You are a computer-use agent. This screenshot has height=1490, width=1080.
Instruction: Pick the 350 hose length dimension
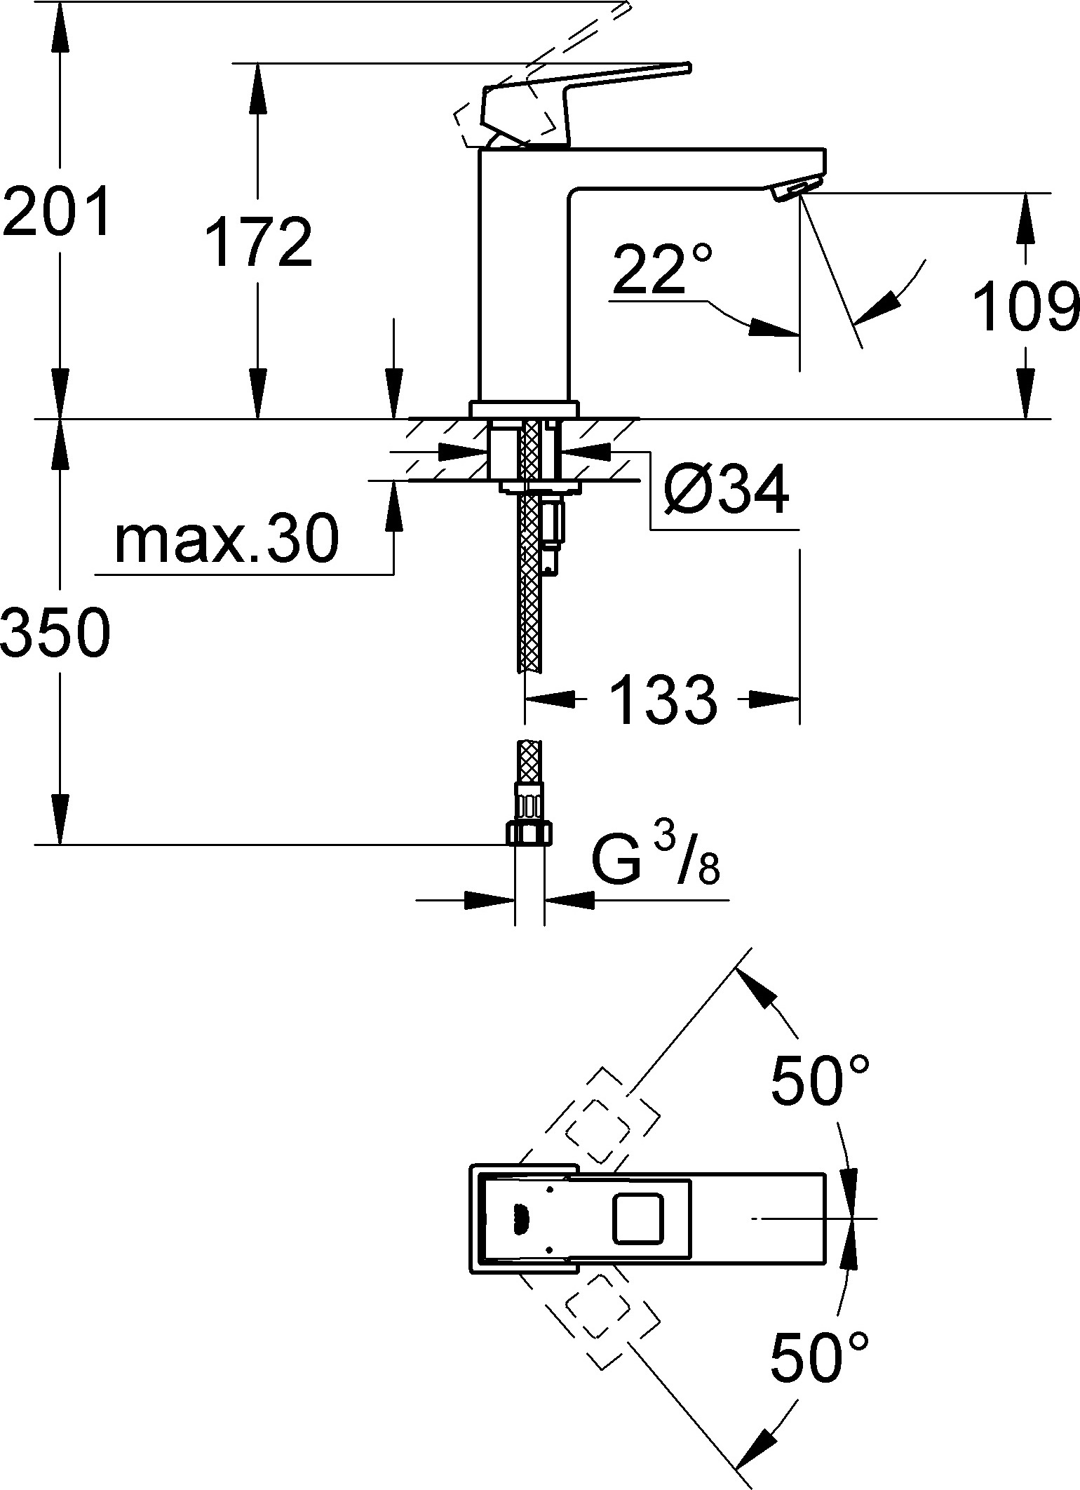pyautogui.click(x=56, y=632)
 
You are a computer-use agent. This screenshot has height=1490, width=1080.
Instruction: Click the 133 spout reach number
pyautogui.click(x=663, y=699)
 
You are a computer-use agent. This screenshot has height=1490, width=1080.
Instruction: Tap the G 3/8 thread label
pyautogui.click(x=656, y=859)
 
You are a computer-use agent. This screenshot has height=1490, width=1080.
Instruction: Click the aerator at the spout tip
pyautogui.click(x=795, y=190)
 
